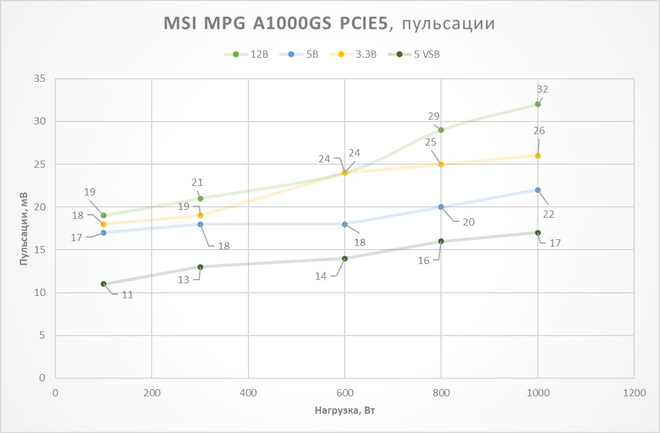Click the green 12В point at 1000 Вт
point(538,104)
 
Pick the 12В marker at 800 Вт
point(441,130)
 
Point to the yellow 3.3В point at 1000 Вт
point(538,156)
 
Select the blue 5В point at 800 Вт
point(441,207)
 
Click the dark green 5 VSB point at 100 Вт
point(103,284)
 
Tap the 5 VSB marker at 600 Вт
point(345,259)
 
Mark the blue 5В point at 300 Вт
point(200,224)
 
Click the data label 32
point(543,89)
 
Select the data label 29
point(434,117)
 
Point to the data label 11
point(128,295)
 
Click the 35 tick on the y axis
point(40,79)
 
